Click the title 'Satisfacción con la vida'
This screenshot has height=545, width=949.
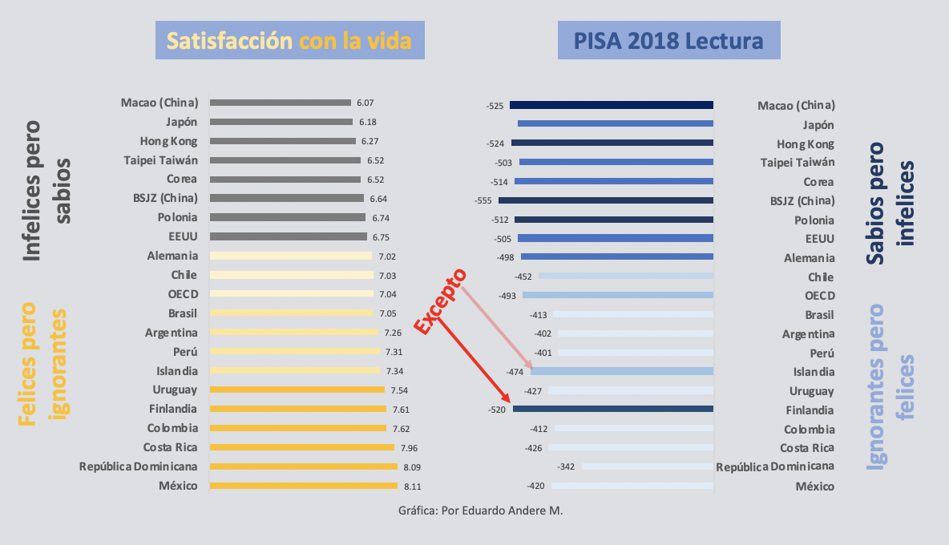(x=289, y=40)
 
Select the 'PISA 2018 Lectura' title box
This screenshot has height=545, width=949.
(x=668, y=40)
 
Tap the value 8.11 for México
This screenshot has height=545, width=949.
(x=411, y=486)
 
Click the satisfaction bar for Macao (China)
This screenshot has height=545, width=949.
(x=280, y=103)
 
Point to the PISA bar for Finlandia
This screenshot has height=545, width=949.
(x=612, y=409)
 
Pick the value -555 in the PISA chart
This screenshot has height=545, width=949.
(x=484, y=200)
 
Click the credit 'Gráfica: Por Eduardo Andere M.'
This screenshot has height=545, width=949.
(x=480, y=511)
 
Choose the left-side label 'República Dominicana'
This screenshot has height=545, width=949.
(x=138, y=466)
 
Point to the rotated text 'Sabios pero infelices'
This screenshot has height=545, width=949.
(x=891, y=204)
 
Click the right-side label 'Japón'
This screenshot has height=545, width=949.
(x=818, y=125)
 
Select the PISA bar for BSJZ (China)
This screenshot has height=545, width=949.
(x=605, y=200)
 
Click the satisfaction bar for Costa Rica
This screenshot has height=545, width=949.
(x=301, y=447)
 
